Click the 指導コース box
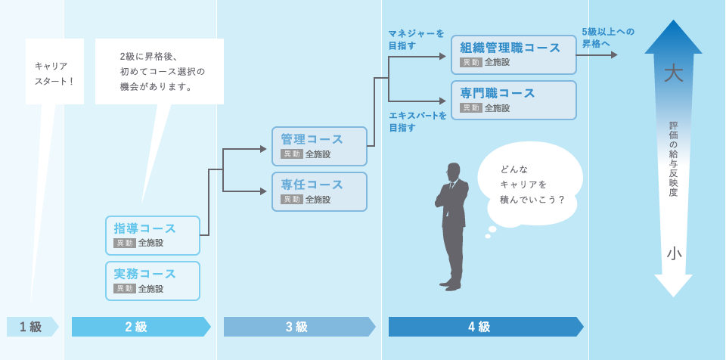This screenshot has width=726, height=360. click(153, 235)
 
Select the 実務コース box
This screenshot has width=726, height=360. click(153, 281)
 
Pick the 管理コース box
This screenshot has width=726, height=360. click(319, 146)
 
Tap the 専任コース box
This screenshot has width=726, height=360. click(319, 191)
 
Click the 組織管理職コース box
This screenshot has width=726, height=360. click(513, 54)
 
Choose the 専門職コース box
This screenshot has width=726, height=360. click(513, 100)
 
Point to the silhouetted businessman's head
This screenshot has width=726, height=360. click(453, 171)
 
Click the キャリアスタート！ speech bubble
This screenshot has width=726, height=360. click(54, 73)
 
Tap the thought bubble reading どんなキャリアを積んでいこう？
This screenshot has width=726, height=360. click(532, 184)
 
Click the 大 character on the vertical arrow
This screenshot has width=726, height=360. click(673, 73)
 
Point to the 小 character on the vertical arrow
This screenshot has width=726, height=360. click(673, 253)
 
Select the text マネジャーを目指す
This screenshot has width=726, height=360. click(416, 39)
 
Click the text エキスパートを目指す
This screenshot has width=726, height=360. click(417, 121)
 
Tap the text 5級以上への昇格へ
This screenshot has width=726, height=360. click(607, 37)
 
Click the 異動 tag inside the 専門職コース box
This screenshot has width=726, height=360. click(471, 108)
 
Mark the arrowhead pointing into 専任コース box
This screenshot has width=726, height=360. click(263, 191)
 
